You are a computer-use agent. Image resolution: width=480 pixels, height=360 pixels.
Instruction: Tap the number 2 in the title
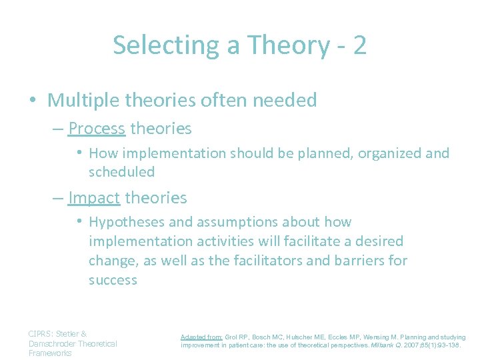point(359,45)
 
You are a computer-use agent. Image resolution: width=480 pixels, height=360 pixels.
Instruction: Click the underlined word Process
point(97,128)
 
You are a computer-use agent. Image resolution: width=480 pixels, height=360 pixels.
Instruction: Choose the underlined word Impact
point(94,197)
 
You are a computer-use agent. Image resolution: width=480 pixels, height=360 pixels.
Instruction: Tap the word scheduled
point(121,172)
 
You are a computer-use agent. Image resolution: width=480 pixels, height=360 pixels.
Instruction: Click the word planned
point(318,153)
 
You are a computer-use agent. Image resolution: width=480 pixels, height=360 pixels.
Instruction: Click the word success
point(113,280)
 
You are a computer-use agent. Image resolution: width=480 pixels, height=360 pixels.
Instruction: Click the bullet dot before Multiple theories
point(33,101)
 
